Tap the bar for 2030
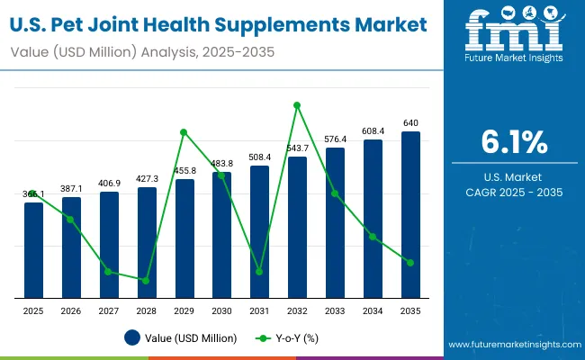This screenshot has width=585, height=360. tap(221, 234)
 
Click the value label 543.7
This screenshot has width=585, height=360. tap(297, 148)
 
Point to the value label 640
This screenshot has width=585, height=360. tap(410, 122)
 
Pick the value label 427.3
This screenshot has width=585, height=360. tap(147, 178)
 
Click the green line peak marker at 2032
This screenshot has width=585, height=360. tap(297, 105)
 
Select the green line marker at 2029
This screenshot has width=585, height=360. tap(184, 132)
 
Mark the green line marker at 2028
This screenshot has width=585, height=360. tap(146, 280)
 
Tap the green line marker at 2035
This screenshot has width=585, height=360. tap(410, 263)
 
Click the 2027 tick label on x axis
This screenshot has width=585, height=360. tap(109, 310)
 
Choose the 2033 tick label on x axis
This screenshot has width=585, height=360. tap(335, 310)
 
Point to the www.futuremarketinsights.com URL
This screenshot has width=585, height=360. tap(513, 345)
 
